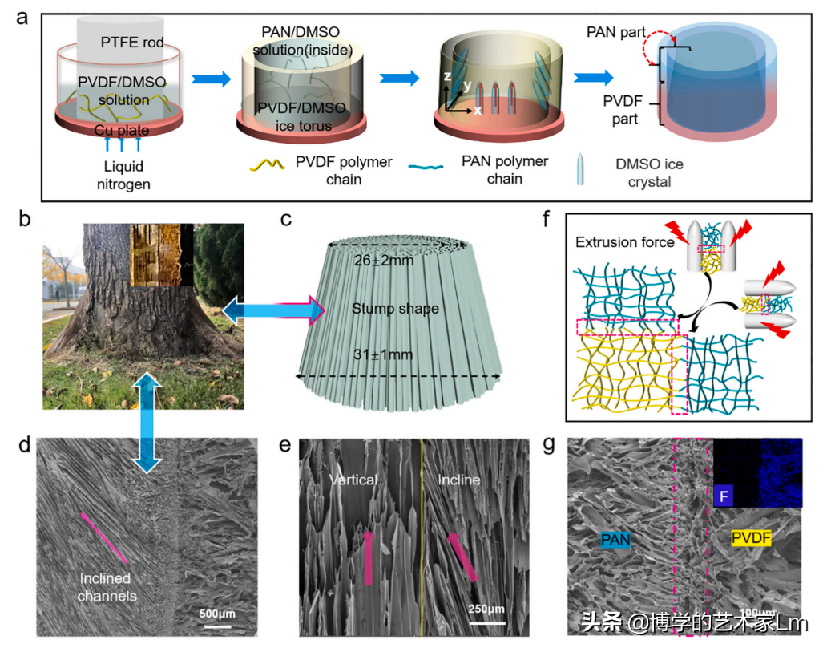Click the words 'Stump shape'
click(395, 308)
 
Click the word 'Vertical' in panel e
click(353, 480)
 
